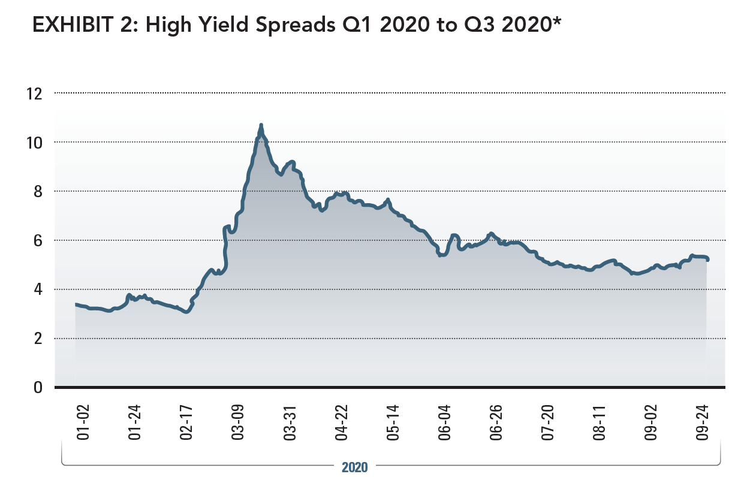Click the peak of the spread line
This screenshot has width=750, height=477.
[x=261, y=125]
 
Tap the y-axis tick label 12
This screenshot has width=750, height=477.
[x=34, y=93]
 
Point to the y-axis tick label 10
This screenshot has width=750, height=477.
[x=34, y=143]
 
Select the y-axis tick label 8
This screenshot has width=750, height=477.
[x=37, y=192]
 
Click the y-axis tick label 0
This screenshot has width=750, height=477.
[x=37, y=388]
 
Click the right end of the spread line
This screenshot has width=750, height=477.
[x=708, y=259]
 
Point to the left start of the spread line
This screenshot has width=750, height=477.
[x=76, y=304]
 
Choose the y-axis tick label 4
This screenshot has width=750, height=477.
[x=37, y=290]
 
